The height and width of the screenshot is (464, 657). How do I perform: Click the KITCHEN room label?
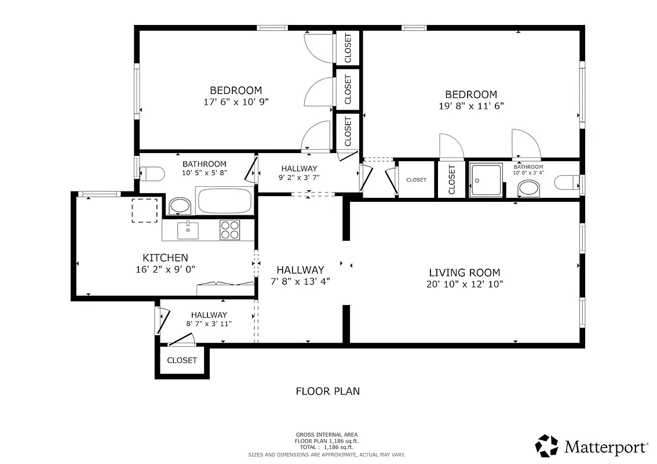coord(165,258)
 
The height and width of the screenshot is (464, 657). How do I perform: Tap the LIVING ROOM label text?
coord(464,273)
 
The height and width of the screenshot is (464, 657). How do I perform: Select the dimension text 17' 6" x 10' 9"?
coord(236,101)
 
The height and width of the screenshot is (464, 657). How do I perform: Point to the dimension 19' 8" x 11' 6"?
coord(471,106)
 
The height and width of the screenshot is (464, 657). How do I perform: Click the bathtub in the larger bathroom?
coord(225,201)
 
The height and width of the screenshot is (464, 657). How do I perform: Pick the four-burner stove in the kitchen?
coord(230,230)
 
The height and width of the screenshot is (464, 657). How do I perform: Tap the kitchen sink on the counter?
coord(188,230)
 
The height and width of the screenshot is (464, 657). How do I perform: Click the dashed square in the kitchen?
coord(145,210)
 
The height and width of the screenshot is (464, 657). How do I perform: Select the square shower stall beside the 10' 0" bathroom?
coord(486,179)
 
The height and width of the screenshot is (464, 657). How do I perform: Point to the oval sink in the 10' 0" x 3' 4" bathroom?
coord(528,188)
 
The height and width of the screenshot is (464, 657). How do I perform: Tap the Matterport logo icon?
coord(546,446)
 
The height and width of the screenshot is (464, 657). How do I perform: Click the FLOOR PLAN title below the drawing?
coord(327,391)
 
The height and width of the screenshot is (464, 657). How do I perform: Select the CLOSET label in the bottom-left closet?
coord(182,360)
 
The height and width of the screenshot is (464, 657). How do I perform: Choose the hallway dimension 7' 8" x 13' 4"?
coord(300,281)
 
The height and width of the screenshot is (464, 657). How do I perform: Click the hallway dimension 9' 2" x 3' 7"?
coord(300,178)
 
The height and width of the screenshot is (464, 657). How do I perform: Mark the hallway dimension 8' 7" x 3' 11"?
coord(209,324)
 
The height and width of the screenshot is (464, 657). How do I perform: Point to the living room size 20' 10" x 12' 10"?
coord(464,284)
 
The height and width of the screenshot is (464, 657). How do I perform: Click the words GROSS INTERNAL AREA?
coord(327,435)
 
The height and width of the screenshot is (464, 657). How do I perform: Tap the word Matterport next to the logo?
coord(606,447)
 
